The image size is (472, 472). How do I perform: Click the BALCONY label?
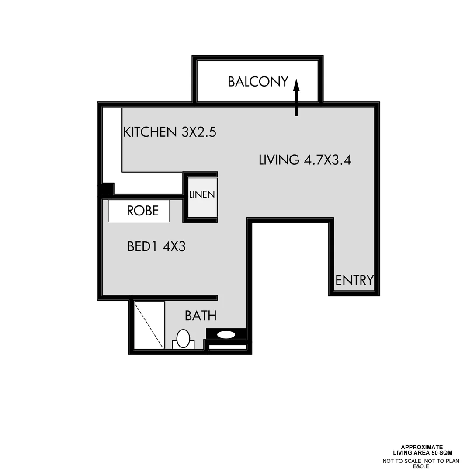pyautogui.click(x=258, y=82)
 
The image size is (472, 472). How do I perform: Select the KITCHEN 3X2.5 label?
pyautogui.click(x=170, y=132)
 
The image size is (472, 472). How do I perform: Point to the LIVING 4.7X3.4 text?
pyautogui.click(x=305, y=160)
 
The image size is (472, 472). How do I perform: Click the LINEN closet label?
pyautogui.click(x=202, y=195)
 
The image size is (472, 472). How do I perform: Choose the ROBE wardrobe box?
pyautogui.click(x=139, y=211)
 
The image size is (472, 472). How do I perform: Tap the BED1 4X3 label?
pyautogui.click(x=156, y=247)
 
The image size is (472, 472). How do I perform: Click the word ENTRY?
pyautogui.click(x=354, y=280)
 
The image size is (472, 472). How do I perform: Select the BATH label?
pyautogui.click(x=201, y=316)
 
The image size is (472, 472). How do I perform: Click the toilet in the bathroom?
pyautogui.click(x=183, y=340)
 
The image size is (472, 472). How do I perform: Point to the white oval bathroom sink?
pyautogui.click(x=226, y=335)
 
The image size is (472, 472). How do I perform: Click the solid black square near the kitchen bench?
pyautogui.click(x=105, y=190)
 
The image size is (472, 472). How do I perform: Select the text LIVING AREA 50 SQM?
pyautogui.click(x=422, y=452)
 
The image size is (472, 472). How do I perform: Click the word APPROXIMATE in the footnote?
pyautogui.click(x=422, y=447)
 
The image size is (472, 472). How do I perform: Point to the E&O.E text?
pyautogui.click(x=422, y=466)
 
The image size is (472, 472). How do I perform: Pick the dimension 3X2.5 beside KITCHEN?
pyautogui.click(x=199, y=132)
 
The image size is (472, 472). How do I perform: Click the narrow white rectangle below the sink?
pyautogui.click(x=227, y=347)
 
